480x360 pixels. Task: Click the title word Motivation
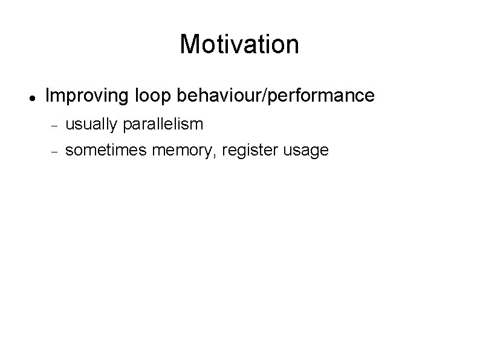point(239,44)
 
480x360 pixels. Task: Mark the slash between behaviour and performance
point(260,96)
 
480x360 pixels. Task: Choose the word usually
point(91,125)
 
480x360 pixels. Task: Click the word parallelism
point(163,125)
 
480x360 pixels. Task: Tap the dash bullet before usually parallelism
point(53,125)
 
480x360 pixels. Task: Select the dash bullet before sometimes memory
point(53,151)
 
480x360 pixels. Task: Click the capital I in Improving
point(48,96)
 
